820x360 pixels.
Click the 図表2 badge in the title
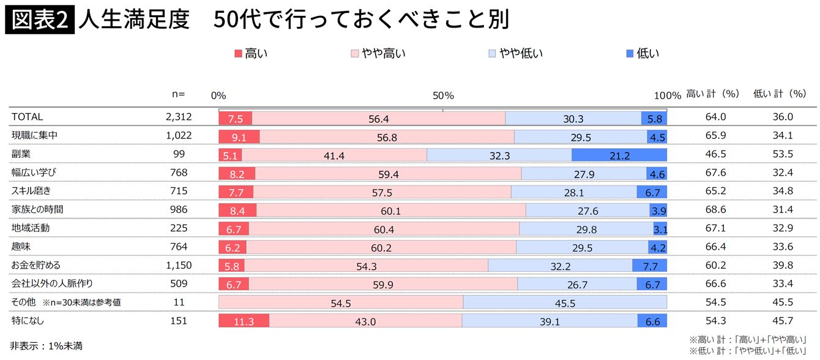[x=40, y=20]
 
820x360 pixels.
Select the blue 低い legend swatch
[x=630, y=54]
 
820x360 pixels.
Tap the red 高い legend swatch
[x=239, y=54]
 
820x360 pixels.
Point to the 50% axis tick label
[x=443, y=96]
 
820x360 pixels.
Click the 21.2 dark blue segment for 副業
[x=619, y=156]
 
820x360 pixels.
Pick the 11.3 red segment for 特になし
[x=244, y=321]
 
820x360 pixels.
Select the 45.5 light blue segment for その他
[x=565, y=302]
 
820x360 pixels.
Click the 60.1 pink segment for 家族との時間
[x=390, y=211]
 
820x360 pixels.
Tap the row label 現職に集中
[x=34, y=135]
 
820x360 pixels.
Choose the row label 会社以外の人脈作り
[x=52, y=283]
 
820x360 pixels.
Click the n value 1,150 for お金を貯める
[x=179, y=265]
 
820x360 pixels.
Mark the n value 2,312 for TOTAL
[x=179, y=117]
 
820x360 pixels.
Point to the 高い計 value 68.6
[x=715, y=209]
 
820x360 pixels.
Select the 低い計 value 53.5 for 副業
[x=782, y=154]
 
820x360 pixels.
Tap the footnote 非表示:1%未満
[x=47, y=346]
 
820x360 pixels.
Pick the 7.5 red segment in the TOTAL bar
[x=236, y=119]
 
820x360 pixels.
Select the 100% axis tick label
[x=667, y=96]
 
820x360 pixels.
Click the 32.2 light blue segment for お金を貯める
[x=560, y=266]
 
